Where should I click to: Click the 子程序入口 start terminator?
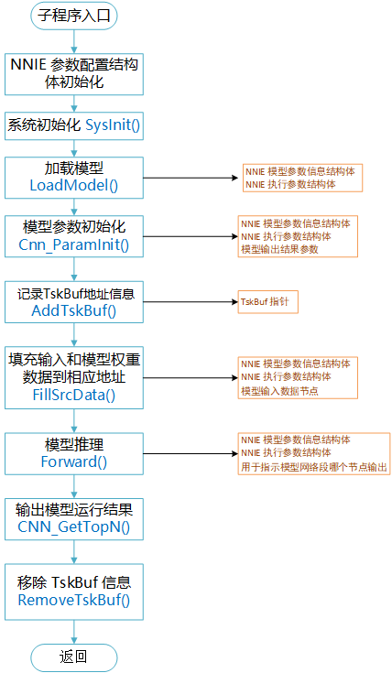click(74, 16)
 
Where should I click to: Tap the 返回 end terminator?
click(74, 656)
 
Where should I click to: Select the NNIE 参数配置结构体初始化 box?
click(74, 72)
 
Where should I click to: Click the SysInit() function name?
click(113, 125)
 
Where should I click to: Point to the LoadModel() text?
click(74, 186)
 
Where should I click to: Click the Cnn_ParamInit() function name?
click(74, 244)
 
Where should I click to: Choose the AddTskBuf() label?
click(74, 309)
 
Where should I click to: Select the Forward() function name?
click(74, 461)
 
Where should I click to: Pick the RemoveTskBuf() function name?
click(74, 600)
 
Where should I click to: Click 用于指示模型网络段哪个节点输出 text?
click(312, 468)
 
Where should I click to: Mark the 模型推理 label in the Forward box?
click(74, 444)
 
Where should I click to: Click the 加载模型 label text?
click(74, 168)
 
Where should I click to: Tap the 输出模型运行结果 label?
click(74, 509)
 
